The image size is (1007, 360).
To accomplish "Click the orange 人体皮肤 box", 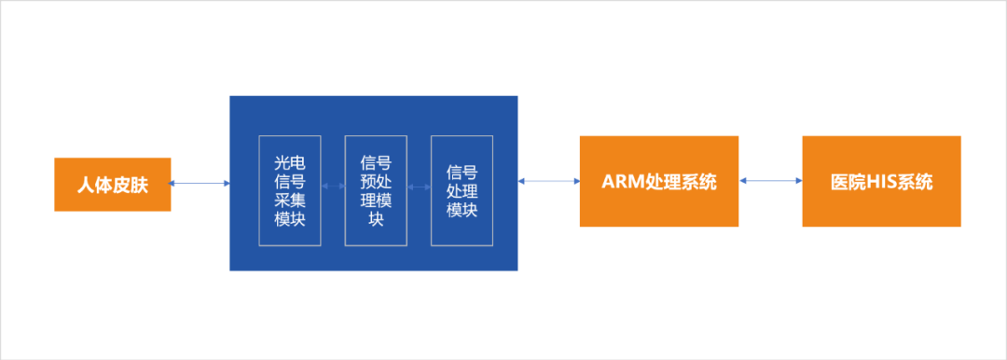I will (x=112, y=185).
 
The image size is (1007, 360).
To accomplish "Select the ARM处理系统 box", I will (x=658, y=182).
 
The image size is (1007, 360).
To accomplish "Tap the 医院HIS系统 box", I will (x=881, y=182).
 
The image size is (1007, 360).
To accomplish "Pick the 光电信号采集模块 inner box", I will (x=290, y=191).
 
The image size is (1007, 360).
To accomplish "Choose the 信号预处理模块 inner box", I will (x=376, y=191).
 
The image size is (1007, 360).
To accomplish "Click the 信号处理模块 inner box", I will (x=462, y=191).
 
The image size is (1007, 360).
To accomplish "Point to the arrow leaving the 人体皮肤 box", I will (x=200, y=184).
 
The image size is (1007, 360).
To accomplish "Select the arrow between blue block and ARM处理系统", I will (x=548, y=182).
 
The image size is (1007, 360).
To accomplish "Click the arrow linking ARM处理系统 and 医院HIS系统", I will (x=769, y=182).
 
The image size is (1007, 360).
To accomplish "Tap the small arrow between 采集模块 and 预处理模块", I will (x=333, y=186).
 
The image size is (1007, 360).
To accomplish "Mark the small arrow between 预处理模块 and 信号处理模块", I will (x=419, y=186).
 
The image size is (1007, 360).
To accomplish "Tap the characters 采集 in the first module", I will (x=290, y=201).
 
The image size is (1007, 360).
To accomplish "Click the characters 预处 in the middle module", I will (x=376, y=182).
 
